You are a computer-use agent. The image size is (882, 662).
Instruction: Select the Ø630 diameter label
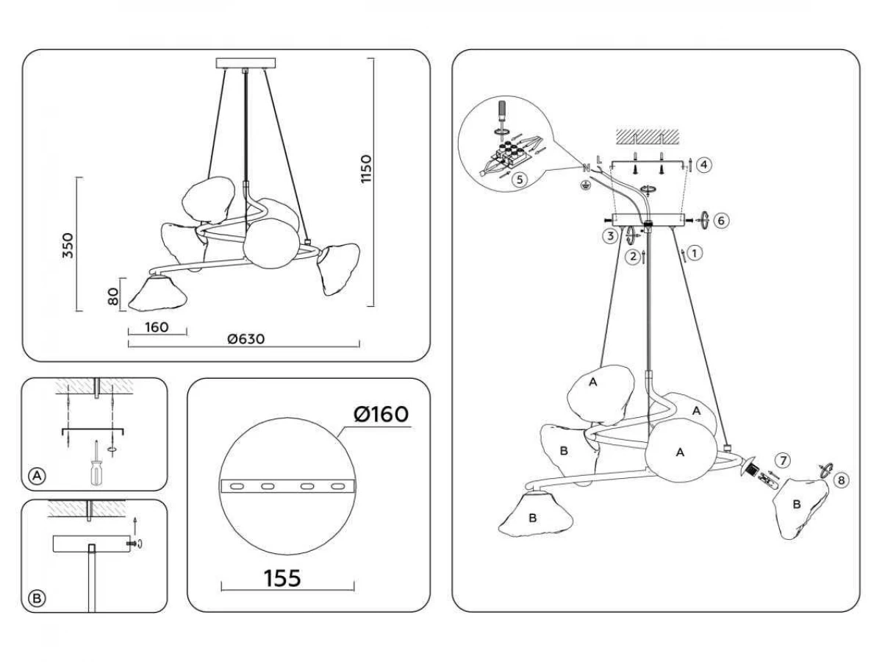point(245,338)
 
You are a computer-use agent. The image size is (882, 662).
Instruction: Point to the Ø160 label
point(380,414)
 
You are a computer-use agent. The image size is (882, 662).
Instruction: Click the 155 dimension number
point(283,578)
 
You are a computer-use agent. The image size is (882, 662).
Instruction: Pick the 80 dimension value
point(112,296)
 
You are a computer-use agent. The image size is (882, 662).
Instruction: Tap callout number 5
point(520,179)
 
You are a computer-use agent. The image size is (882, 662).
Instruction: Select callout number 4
point(703,165)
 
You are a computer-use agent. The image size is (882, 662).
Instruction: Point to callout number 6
point(721,220)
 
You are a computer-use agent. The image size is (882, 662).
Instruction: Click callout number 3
point(609,236)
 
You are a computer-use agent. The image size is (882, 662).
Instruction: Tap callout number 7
point(784,461)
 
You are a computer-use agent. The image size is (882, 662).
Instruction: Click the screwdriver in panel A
point(96,463)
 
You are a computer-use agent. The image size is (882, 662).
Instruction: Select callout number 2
point(631,257)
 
